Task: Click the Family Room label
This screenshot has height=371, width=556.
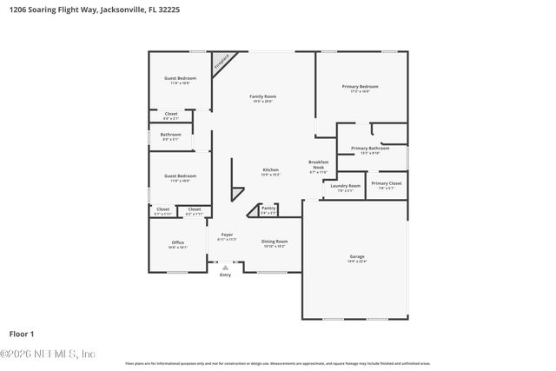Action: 262,97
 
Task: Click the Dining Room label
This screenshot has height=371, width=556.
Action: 275,243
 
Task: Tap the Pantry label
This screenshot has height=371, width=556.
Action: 268,209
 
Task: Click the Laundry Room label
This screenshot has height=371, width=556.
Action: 345,187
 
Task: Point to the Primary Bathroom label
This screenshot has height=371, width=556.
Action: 370,149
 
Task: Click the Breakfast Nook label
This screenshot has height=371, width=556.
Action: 318,167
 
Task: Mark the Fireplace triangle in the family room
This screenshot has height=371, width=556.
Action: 223,62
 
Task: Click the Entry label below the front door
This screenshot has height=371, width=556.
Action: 225,275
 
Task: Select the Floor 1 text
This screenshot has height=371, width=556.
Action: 22,334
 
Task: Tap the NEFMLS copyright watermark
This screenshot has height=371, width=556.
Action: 49,354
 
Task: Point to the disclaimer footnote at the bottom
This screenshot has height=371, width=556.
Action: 277,363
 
